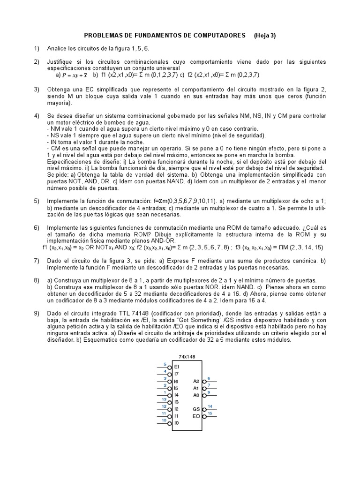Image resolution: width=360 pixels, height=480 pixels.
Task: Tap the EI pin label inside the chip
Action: click(176, 367)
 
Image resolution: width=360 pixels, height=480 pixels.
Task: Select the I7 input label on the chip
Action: click(176, 374)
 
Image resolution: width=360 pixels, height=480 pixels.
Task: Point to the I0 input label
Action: click(176, 423)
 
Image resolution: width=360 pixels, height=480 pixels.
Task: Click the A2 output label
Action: click(196, 381)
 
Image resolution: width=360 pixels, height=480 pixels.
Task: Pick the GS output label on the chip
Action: click(196, 409)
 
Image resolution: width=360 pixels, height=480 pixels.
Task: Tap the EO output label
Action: click(196, 416)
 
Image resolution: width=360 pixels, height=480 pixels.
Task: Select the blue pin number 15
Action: click(210, 413)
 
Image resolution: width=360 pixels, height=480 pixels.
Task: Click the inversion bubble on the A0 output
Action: click(204, 395)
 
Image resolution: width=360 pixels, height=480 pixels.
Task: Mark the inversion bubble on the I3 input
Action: click(169, 402)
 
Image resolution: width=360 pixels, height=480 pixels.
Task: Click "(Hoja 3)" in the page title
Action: click(265, 36)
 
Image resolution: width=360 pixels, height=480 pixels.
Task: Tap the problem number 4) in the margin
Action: click(37, 116)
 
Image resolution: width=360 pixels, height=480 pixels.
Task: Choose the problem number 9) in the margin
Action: click(37, 313)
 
